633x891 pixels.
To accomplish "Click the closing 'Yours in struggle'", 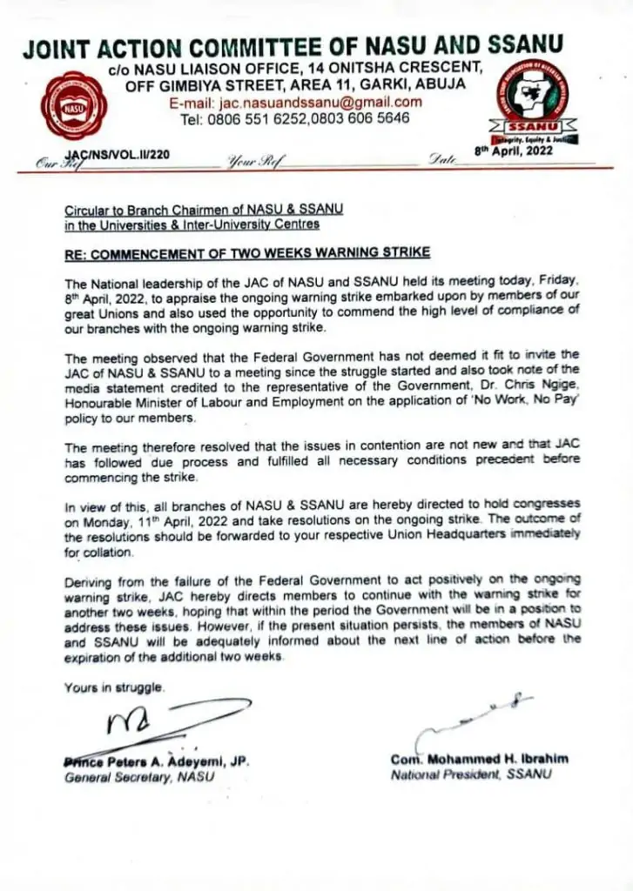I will (x=113, y=688).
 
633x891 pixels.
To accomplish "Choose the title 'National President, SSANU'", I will (x=470, y=774).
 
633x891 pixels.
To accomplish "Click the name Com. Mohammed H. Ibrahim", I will (x=479, y=760).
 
